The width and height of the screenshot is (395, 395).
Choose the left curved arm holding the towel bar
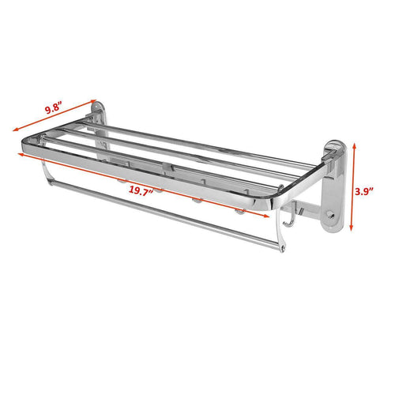45,173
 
